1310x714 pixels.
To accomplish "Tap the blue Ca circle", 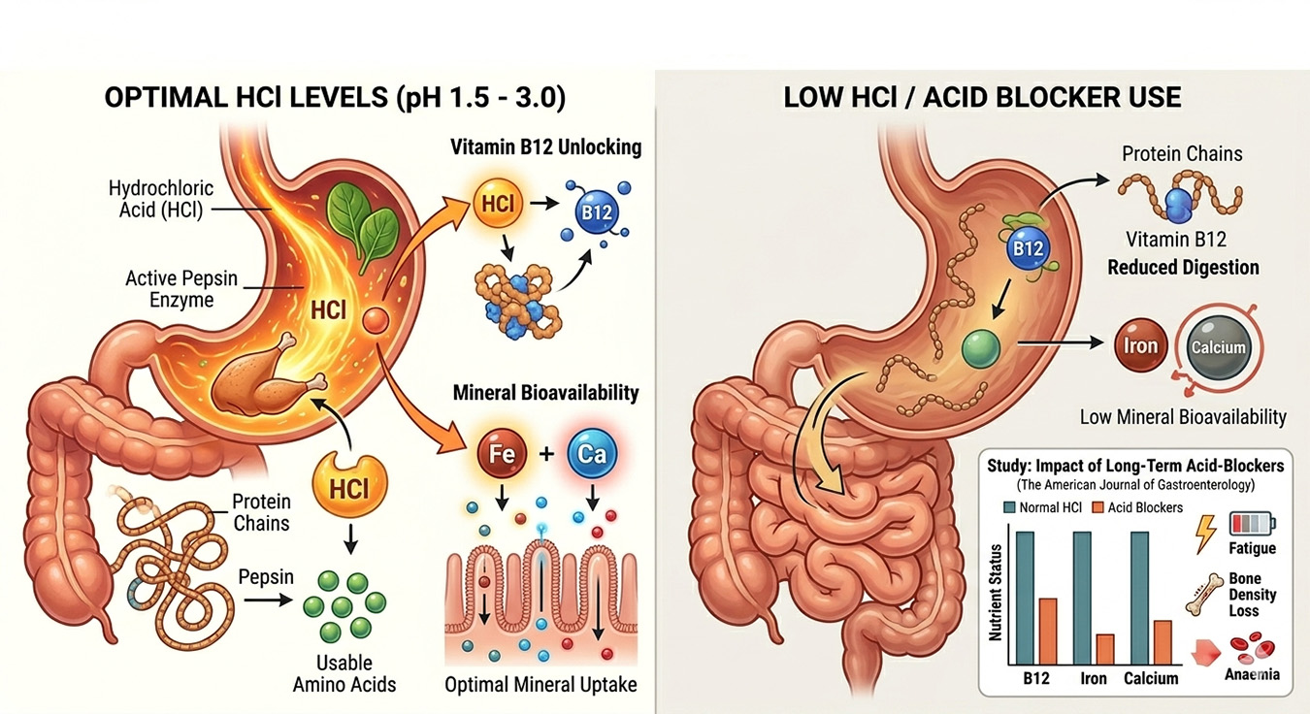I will tap(590, 454).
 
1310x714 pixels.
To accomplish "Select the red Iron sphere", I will tap(1140, 346).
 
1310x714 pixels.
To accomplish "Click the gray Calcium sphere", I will tap(1221, 348).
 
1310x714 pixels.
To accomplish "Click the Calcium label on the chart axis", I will tap(1151, 678).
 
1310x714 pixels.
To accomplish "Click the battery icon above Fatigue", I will tap(1253, 525).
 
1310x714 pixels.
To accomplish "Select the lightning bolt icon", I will tap(1205, 533).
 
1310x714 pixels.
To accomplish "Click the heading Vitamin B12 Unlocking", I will tap(546, 147).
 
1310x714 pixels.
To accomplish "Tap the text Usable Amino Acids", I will tap(344, 673).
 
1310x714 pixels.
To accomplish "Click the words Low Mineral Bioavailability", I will tap(1183, 417).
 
